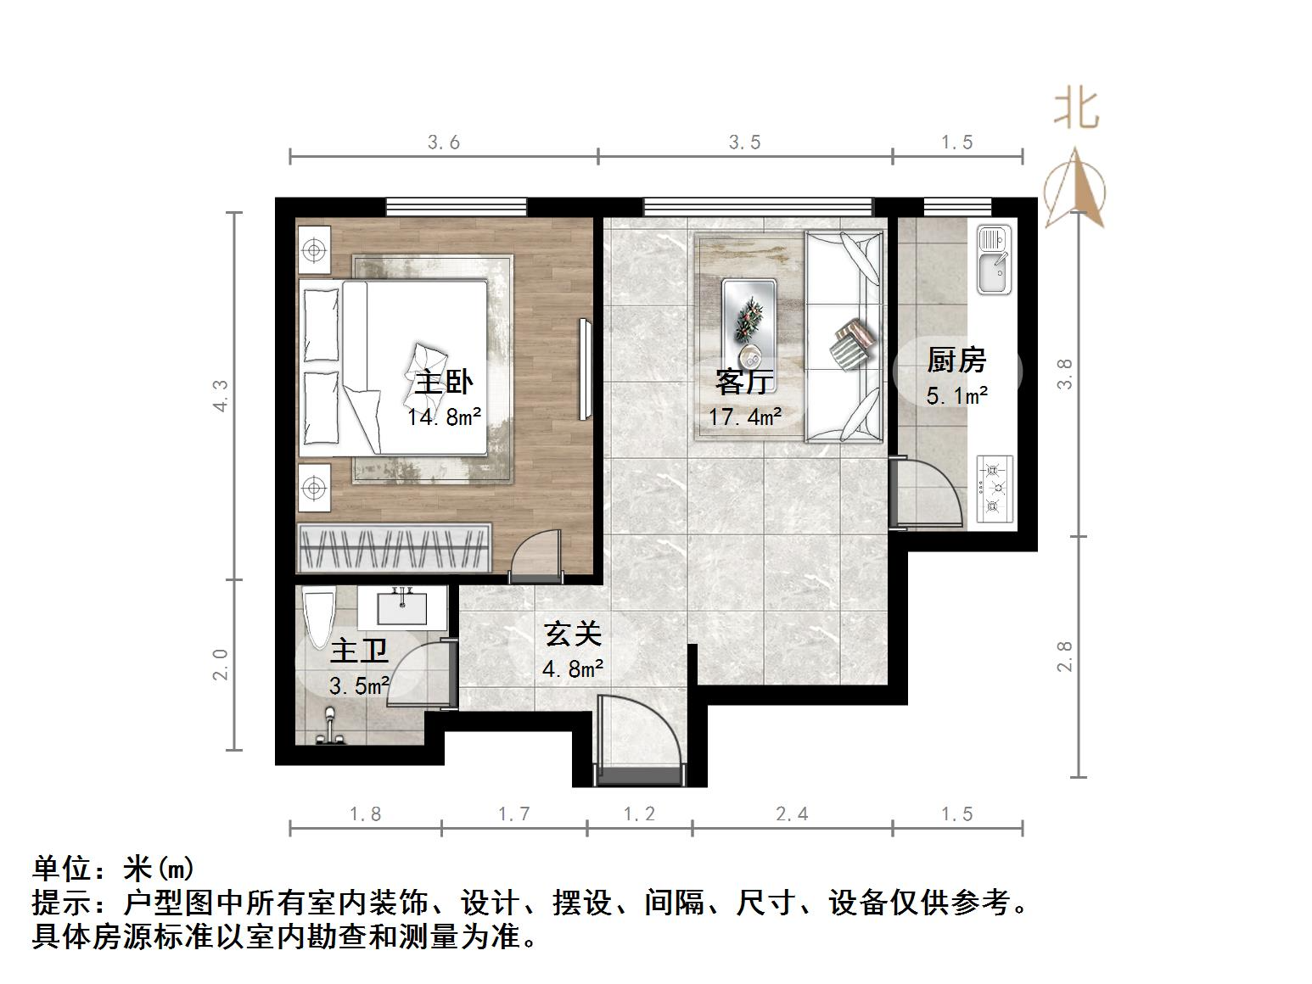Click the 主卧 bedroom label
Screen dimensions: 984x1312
click(443, 383)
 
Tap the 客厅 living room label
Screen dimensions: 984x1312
click(744, 382)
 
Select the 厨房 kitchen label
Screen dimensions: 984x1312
click(956, 361)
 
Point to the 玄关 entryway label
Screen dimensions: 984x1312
click(573, 634)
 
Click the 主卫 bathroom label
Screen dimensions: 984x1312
click(359, 651)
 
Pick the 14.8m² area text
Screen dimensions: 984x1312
click(444, 417)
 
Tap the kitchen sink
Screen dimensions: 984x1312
click(994, 260)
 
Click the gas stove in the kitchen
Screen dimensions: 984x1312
click(995, 489)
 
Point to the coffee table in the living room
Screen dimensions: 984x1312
click(749, 324)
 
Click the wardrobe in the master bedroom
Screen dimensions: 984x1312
click(395, 548)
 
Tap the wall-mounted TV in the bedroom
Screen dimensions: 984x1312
click(585, 369)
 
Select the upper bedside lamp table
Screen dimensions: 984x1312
click(314, 250)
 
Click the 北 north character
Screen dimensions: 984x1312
click(1076, 109)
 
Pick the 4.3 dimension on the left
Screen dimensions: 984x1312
click(221, 395)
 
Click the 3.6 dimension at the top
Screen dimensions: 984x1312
click(443, 143)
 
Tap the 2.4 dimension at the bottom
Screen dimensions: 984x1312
click(791, 814)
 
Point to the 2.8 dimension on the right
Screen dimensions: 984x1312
click(1065, 657)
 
